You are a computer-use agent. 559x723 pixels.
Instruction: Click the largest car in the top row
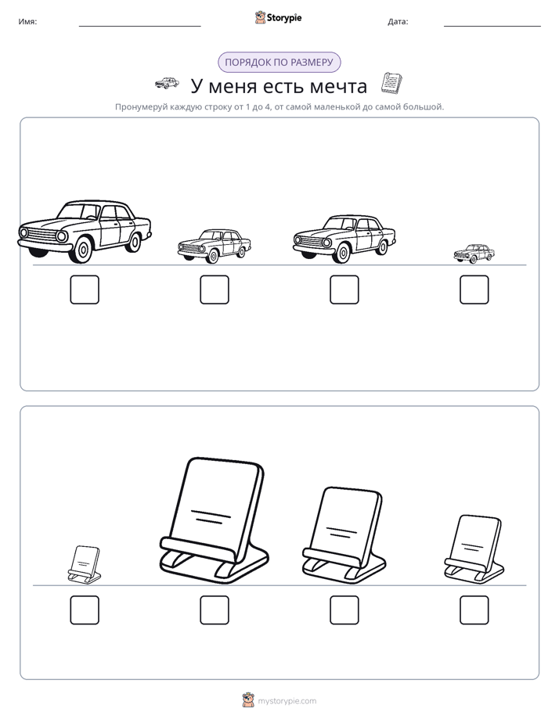click(85, 232)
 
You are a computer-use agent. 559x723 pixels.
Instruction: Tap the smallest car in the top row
click(474, 254)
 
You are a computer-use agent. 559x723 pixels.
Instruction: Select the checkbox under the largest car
click(85, 290)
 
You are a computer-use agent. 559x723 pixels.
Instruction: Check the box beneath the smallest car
click(474, 290)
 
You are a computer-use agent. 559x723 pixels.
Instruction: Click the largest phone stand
click(214, 520)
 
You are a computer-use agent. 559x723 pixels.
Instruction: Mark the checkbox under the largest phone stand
click(215, 610)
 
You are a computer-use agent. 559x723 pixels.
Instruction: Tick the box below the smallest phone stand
click(85, 610)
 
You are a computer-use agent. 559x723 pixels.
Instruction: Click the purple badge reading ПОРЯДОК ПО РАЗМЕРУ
click(279, 63)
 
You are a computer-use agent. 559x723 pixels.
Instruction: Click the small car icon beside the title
click(167, 83)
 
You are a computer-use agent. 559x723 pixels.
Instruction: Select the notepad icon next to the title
click(391, 84)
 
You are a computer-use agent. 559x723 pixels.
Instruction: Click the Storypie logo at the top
click(278, 17)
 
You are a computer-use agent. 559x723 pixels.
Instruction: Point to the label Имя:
click(27, 22)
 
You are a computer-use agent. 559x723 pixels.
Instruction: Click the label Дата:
click(398, 22)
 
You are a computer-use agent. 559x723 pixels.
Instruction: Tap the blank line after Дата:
click(492, 27)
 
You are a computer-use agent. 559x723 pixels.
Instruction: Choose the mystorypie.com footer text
click(287, 701)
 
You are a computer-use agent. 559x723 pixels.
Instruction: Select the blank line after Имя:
click(139, 27)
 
